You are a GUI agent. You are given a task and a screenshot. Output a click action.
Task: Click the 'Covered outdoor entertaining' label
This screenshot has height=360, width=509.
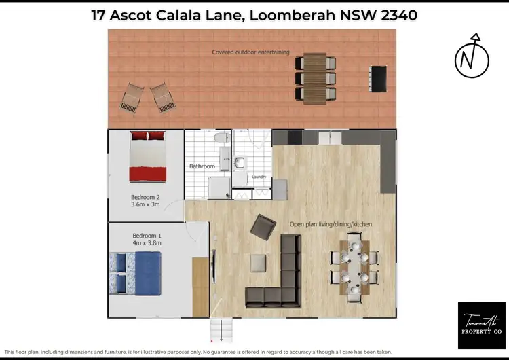pyautogui.click(x=251, y=52)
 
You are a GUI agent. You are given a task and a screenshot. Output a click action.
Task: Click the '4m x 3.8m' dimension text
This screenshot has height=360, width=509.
pyautogui.click(x=147, y=242)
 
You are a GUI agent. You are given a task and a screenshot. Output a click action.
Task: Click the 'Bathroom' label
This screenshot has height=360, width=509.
pyautogui.click(x=202, y=166)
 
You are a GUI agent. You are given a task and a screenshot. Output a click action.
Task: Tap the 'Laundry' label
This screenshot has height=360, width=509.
pyautogui.click(x=259, y=177)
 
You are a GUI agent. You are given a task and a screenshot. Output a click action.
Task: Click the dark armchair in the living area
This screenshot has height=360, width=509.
pyautogui.click(x=263, y=226)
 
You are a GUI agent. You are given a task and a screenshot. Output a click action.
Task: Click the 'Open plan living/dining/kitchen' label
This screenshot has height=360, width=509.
pyautogui.click(x=331, y=224)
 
